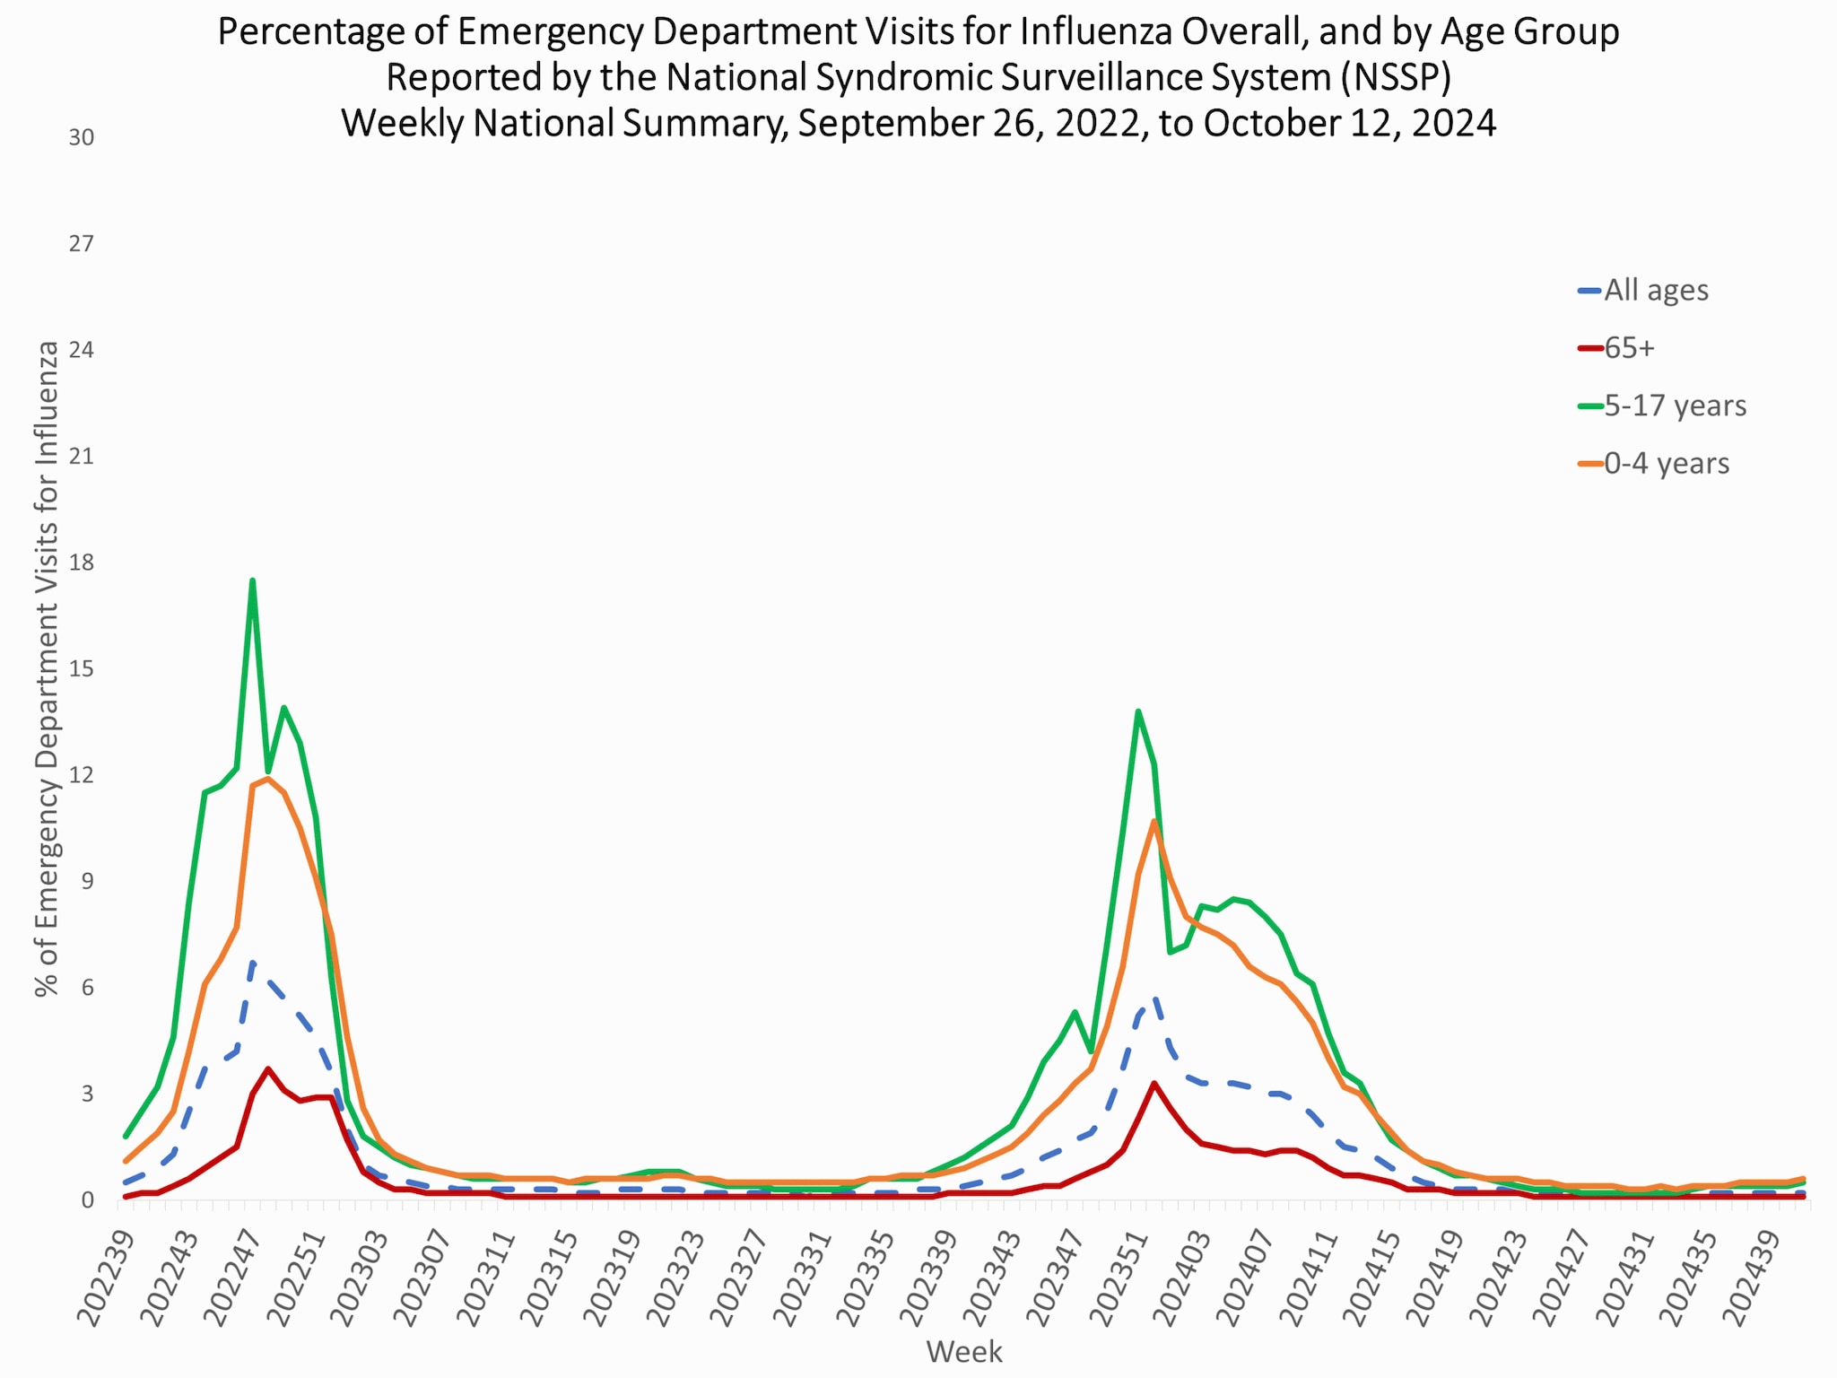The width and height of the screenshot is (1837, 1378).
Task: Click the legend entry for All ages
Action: click(x=1655, y=291)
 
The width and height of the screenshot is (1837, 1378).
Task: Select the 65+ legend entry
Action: click(x=1628, y=348)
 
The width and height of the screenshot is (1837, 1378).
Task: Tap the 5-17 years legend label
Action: click(x=1675, y=406)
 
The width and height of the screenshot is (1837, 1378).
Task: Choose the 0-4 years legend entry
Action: click(x=1666, y=464)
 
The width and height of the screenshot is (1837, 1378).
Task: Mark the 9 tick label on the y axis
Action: click(x=86, y=881)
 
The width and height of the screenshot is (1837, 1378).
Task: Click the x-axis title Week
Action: click(x=964, y=1351)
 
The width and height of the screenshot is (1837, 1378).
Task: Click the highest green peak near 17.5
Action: click(x=253, y=580)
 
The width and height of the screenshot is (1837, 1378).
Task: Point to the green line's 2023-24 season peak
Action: click(x=1138, y=711)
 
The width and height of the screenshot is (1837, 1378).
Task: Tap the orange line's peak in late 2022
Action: click(x=268, y=778)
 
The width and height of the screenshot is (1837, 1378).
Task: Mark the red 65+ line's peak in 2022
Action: click(x=268, y=1068)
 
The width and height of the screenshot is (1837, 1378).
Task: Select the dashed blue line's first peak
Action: click(x=253, y=962)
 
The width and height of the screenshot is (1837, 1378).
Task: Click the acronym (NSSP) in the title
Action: click(x=1396, y=77)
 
